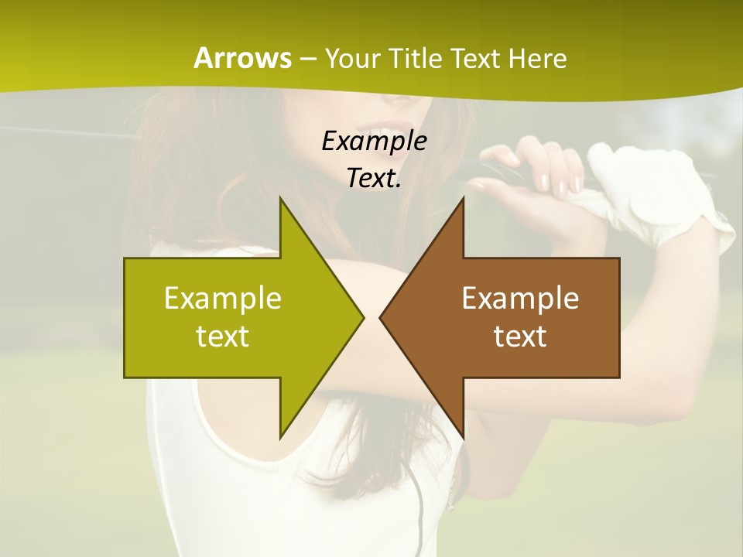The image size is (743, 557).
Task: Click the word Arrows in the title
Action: tap(242, 58)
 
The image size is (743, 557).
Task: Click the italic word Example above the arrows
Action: tap(374, 141)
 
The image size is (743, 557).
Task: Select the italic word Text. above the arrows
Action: tap(374, 178)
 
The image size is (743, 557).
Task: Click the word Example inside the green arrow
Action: tap(222, 298)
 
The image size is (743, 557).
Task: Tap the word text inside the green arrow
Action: tap(222, 336)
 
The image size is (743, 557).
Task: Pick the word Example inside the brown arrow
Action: tap(520, 298)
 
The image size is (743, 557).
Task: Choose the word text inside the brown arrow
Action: tap(520, 336)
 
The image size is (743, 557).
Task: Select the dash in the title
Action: tap(307, 60)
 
